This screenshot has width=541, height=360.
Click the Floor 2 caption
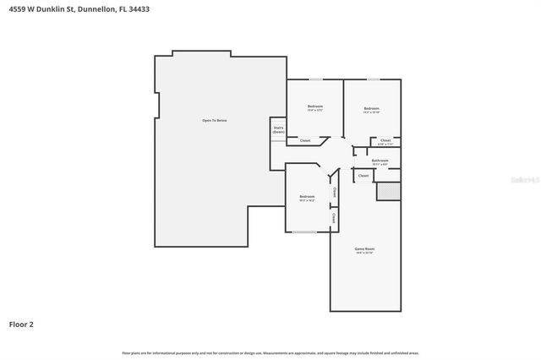[x=21, y=324]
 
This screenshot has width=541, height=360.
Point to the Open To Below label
[x=214, y=121]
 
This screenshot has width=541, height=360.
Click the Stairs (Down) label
[x=278, y=129]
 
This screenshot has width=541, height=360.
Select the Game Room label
[x=363, y=248]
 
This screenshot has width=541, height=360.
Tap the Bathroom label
[x=380, y=160]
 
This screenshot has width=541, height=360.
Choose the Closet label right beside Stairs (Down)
[x=304, y=140]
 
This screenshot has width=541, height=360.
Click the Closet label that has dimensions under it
[x=385, y=140]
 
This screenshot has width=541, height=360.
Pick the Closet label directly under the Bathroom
[x=363, y=175]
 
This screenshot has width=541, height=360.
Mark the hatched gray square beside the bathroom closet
[x=388, y=192]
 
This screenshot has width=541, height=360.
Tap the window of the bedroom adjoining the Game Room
[x=304, y=232]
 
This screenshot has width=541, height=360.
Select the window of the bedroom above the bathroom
[x=372, y=79]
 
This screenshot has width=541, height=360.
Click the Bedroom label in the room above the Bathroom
[x=371, y=108]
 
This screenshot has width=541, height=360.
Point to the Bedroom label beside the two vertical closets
[x=306, y=197]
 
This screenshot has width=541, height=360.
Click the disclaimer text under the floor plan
[x=270, y=352]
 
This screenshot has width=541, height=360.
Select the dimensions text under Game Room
[x=363, y=254]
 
